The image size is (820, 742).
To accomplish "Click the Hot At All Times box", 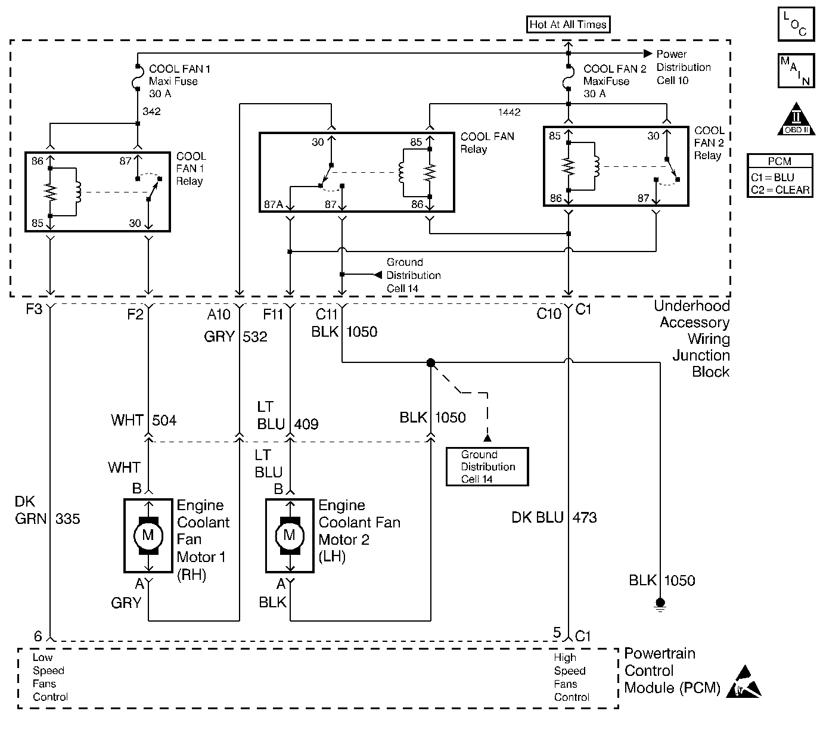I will tap(569, 24).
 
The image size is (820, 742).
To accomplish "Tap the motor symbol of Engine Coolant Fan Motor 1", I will tap(148, 535).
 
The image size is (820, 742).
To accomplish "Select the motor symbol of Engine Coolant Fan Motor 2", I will tap(290, 535).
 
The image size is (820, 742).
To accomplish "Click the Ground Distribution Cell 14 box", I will tap(487, 467).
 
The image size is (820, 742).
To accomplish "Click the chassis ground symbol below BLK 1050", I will tap(660, 604).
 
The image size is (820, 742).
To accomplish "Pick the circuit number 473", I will tap(585, 517).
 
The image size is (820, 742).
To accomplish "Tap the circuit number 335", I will tap(67, 519).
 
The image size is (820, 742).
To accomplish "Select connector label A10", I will tap(218, 313).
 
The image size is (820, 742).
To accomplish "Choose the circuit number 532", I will tap(255, 337).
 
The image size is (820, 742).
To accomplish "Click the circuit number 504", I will tap(164, 420).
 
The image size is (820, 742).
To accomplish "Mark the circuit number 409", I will tap(306, 424).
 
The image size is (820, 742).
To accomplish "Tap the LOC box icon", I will tap(796, 24).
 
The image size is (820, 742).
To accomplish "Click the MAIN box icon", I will tap(796, 71).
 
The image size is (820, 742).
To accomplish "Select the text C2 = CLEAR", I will tap(780, 190).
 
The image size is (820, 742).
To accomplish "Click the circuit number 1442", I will tap(510, 112).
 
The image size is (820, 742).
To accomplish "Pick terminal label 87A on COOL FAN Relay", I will tap(274, 204).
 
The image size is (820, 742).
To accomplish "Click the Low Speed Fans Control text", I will tap(50, 677).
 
